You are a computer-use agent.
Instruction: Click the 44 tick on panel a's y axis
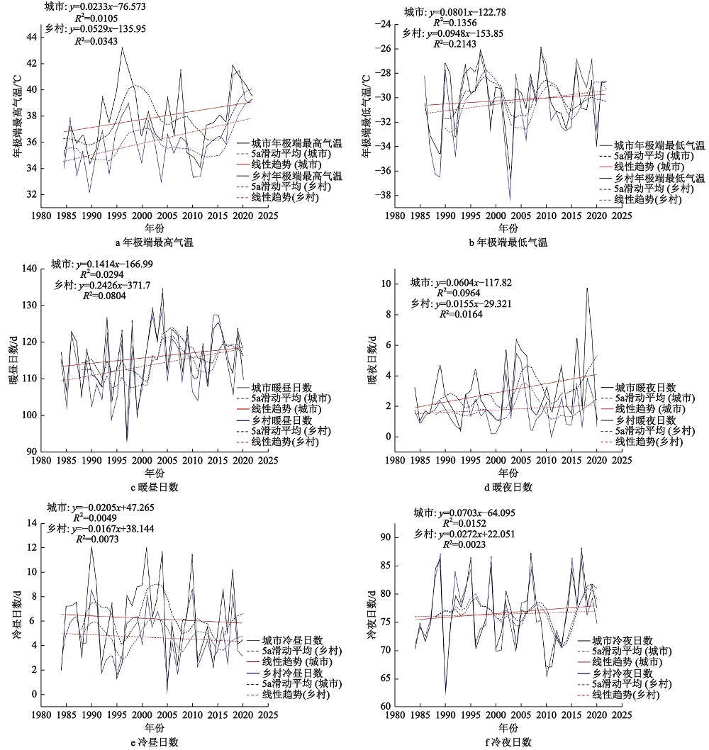pos(28,38)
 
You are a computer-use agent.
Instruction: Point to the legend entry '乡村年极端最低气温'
pos(659,178)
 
